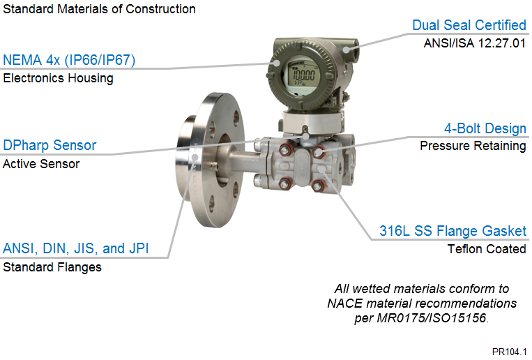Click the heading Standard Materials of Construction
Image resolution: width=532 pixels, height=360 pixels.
point(99,9)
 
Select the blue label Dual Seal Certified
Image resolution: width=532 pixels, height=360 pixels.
point(469,25)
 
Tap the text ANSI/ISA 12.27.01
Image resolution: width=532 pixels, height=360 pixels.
point(475,43)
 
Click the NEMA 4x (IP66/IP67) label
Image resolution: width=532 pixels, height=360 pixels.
point(69,60)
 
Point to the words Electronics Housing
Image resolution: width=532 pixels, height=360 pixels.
point(58,78)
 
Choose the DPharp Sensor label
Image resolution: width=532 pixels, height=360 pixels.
point(50,145)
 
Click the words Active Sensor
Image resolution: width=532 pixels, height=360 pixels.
point(41,164)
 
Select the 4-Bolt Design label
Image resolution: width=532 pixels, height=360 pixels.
point(485,128)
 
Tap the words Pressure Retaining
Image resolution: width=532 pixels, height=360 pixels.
point(473,146)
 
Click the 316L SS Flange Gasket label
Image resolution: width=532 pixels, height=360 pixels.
point(453,231)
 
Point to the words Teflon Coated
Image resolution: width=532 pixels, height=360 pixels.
point(487,249)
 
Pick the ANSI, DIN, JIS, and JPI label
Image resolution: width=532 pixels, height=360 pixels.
point(76,248)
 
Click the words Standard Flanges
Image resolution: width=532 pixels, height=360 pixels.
point(52,267)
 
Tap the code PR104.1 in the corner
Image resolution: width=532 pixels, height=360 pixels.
point(509,352)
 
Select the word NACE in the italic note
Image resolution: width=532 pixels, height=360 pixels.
point(344,303)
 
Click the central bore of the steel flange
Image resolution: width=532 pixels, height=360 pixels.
point(224,160)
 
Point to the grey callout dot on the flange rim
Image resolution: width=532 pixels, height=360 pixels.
point(195,157)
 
